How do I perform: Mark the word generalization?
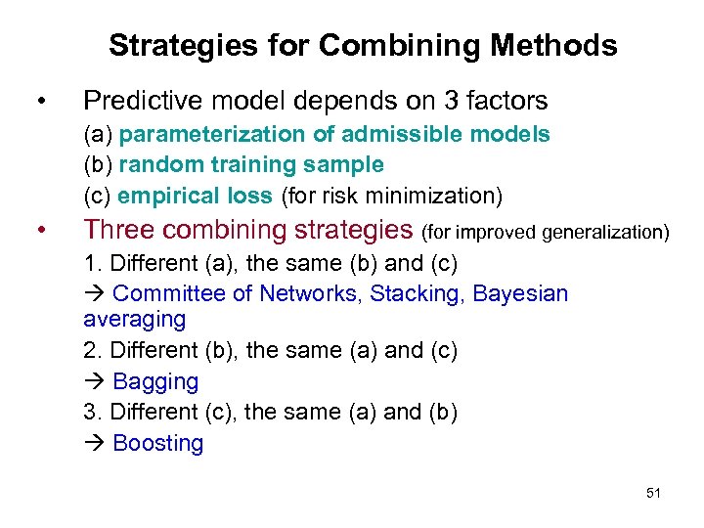tap(610, 232)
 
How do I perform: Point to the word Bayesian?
tap(520, 293)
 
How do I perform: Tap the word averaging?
tap(134, 319)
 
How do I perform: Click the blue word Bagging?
tap(155, 381)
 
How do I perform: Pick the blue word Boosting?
tap(158, 443)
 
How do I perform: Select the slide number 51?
tap(653, 493)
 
